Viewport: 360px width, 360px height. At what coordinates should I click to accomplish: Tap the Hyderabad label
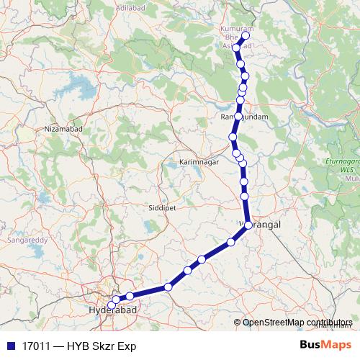point(112,310)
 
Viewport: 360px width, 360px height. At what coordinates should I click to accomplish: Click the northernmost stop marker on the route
point(246,35)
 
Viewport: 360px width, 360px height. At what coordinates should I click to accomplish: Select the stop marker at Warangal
point(248,225)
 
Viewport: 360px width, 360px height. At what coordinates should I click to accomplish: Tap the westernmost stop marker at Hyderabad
point(111,306)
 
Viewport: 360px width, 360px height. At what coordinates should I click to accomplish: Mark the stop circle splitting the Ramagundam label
point(238,116)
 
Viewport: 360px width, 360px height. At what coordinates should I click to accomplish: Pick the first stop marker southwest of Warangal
point(231,243)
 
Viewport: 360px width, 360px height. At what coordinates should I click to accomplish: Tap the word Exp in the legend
point(127,346)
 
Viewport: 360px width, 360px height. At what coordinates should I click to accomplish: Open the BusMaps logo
point(325,345)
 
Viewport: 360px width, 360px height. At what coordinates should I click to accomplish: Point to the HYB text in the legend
point(78,346)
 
